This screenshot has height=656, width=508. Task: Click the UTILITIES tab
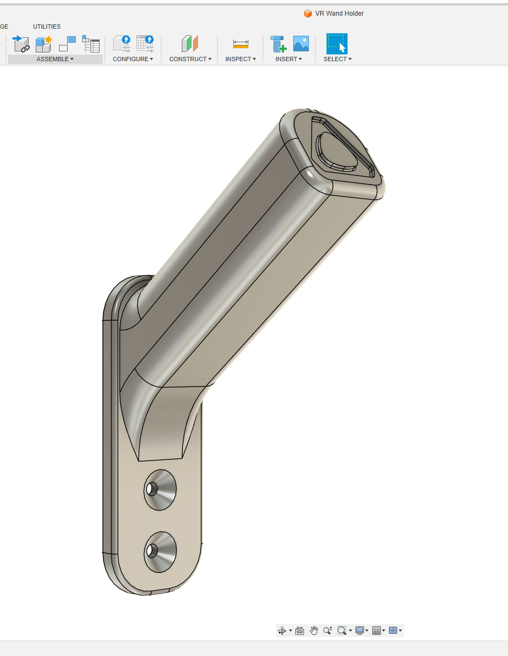[x=47, y=27]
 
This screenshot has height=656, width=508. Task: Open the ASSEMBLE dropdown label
[x=55, y=59]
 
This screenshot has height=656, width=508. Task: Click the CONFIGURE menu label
[x=133, y=59]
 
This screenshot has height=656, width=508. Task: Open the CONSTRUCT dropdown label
[x=190, y=59]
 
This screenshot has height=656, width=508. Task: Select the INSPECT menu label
[x=240, y=59]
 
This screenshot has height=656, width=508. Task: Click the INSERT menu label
[x=288, y=59]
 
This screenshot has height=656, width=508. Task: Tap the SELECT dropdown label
[x=337, y=59]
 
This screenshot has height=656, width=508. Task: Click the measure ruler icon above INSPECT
[x=241, y=44]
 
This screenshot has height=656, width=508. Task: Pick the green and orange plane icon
[x=190, y=44]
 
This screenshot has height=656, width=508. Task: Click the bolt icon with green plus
[x=278, y=44]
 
